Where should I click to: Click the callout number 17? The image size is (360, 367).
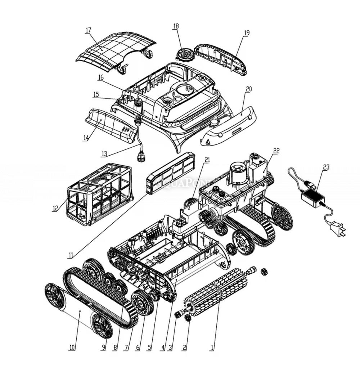click(x=88, y=30)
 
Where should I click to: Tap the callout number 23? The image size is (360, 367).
click(x=326, y=167)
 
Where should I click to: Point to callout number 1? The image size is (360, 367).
click(x=212, y=348)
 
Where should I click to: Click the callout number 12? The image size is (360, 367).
click(x=55, y=208)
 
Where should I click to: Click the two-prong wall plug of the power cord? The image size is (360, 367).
click(x=338, y=230)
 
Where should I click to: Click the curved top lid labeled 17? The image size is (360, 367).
click(x=115, y=50)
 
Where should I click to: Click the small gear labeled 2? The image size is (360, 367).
click(x=187, y=318)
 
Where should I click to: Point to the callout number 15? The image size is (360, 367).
click(x=96, y=94)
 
